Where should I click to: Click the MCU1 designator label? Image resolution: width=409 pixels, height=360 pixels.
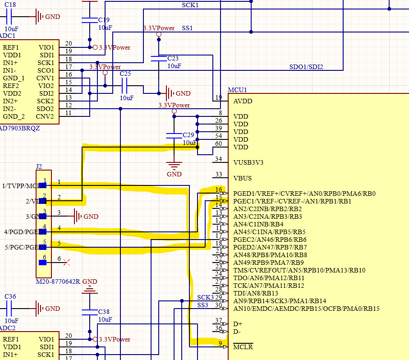237,90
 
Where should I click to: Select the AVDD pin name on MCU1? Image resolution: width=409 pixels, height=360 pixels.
243,101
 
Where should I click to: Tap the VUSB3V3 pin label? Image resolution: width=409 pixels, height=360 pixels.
248,162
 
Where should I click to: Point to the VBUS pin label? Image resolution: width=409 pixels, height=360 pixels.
242,178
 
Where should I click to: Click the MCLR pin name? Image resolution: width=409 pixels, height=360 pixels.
243,347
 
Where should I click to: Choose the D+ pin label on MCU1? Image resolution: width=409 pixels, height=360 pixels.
238,324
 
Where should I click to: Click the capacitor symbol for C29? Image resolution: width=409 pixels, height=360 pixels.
174,135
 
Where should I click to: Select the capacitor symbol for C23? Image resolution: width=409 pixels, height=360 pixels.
159,58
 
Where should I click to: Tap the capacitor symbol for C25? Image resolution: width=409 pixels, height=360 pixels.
126,86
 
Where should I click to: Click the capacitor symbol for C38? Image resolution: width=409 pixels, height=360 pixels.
89,312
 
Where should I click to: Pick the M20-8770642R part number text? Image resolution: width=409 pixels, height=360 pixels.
58,282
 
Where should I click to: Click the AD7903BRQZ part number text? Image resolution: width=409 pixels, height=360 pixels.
20,128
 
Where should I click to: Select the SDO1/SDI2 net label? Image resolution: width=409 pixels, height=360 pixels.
306,67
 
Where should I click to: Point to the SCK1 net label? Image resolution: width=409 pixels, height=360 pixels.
190,5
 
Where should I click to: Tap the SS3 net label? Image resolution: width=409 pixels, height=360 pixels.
202,305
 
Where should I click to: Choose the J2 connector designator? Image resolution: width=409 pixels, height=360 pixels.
39,166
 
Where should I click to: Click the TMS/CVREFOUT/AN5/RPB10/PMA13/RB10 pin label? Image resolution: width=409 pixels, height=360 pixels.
299,270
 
